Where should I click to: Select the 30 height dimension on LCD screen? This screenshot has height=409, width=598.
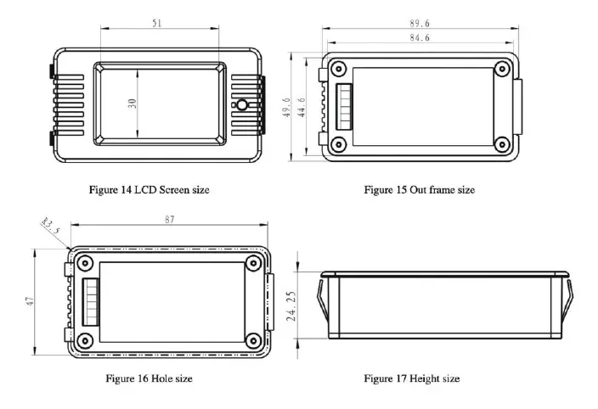point(133,103)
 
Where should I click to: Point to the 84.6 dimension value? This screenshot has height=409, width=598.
point(419,36)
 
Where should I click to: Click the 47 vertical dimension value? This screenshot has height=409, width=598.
point(29,303)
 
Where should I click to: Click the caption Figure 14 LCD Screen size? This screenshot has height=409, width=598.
point(149,190)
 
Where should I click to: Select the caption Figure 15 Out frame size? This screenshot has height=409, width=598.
point(419,190)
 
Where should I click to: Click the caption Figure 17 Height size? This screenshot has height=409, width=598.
point(411,378)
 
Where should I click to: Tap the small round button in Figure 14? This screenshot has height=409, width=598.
point(241,105)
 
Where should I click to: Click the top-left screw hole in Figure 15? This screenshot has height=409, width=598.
point(339,69)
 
